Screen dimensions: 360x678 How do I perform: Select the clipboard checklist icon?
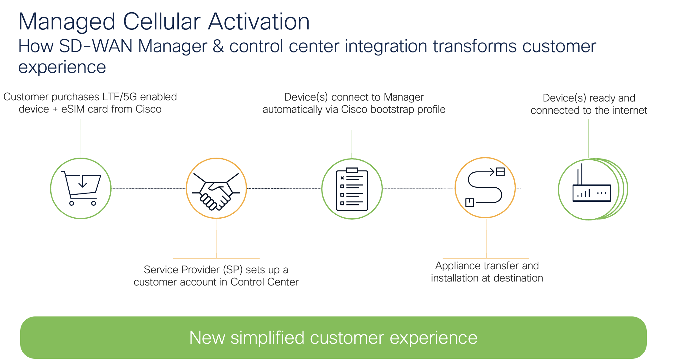352,189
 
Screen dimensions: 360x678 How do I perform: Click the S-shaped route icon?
485,188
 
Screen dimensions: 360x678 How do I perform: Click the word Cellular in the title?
162,22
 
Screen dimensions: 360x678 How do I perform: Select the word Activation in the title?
259,22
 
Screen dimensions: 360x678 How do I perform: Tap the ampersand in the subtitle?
218,46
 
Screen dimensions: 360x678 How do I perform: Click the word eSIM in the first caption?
73,109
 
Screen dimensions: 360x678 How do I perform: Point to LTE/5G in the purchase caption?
120,97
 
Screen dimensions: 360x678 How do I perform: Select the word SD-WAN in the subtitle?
96,46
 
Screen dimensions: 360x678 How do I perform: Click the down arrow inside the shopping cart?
82,181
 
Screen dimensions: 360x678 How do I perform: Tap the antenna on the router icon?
581,174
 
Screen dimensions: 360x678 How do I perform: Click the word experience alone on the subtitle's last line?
62,67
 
